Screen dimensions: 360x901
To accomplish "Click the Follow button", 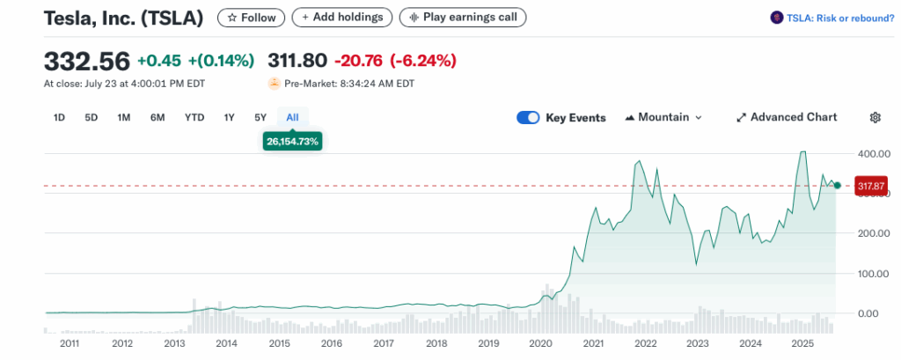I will pyautogui.click(x=251, y=17).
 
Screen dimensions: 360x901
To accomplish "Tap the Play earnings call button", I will pyautogui.click(x=462, y=17).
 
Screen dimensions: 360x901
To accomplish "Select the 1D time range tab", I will pyautogui.click(x=59, y=117).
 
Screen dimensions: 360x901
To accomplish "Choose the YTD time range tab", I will pyautogui.click(x=194, y=117).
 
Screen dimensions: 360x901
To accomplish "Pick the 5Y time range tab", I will pyautogui.click(x=260, y=117).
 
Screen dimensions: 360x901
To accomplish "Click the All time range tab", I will pyautogui.click(x=292, y=117).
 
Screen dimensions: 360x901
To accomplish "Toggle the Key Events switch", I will pyautogui.click(x=528, y=117).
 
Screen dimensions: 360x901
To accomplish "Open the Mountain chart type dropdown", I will pyautogui.click(x=663, y=117).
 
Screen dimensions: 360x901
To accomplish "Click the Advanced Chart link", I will pyautogui.click(x=787, y=117).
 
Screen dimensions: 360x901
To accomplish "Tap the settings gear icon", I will pyautogui.click(x=875, y=117).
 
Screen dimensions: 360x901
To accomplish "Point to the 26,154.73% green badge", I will pyautogui.click(x=292, y=141).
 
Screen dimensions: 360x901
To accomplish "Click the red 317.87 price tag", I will pyautogui.click(x=869, y=186).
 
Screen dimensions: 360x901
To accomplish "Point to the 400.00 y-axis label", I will pyautogui.click(x=869, y=153).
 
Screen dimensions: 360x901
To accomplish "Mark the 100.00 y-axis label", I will pyautogui.click(x=869, y=273).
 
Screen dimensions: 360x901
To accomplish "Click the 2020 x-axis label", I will pyautogui.click(x=540, y=343).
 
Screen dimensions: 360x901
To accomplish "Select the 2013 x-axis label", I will pyautogui.click(x=174, y=343).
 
